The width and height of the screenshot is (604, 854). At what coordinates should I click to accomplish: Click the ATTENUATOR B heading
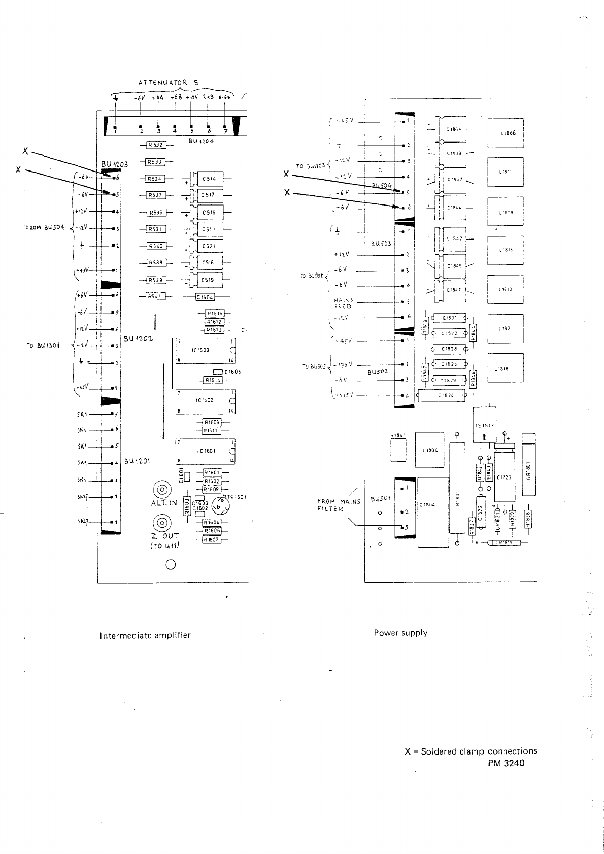(169, 82)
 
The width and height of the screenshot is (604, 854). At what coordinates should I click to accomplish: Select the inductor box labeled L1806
(505, 133)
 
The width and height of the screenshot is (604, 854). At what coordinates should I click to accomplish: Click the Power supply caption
(400, 633)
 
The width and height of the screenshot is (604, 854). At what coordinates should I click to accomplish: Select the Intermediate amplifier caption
(145, 635)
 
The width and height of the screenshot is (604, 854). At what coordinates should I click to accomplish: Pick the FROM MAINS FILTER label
(339, 505)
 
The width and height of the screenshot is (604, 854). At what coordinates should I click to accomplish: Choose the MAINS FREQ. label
(344, 303)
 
